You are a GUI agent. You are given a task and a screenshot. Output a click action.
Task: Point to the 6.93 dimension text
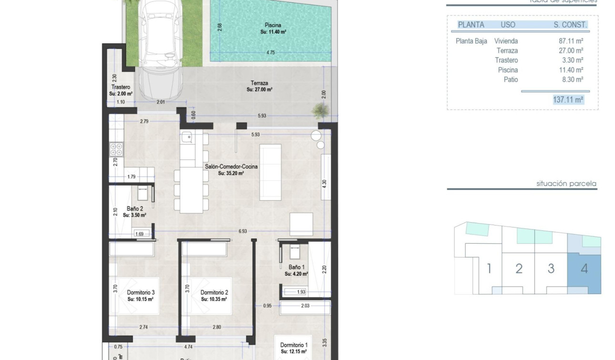(243, 231)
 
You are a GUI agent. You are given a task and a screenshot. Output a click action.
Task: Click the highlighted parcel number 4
(584, 268)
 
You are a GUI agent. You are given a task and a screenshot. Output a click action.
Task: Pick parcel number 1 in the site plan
(489, 268)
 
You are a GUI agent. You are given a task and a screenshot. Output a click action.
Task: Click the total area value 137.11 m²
(568, 100)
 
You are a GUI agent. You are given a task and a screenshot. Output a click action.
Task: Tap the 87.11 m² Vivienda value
(571, 41)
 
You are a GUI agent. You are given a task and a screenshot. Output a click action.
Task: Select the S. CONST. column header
(570, 25)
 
